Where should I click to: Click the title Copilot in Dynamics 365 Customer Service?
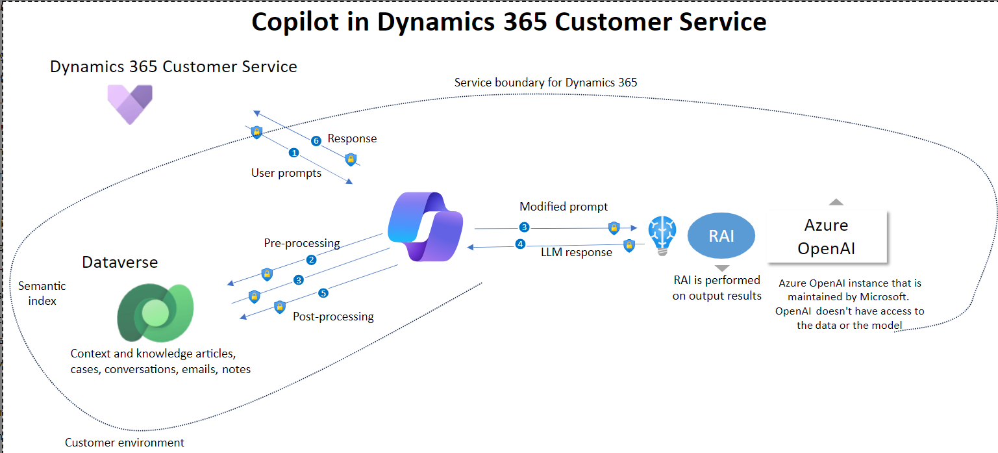pos(509,21)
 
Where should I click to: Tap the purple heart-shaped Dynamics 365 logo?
pos(130,104)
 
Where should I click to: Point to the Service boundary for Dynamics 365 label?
pos(545,83)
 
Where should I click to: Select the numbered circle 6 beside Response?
pos(316,141)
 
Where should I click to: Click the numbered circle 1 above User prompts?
pos(293,153)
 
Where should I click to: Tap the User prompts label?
pos(286,173)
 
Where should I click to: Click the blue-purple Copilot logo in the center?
pos(425,226)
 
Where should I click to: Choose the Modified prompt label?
pos(563,207)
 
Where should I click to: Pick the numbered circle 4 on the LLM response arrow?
pos(520,244)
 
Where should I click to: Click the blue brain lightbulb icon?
pos(662,235)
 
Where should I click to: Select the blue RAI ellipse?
pos(721,235)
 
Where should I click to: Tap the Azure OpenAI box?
pos(827,237)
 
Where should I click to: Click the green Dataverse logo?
pos(155,313)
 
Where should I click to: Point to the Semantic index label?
pos(42,293)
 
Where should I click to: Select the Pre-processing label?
pos(302,243)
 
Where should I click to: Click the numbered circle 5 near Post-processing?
pos(323,293)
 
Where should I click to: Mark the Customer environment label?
pos(124,443)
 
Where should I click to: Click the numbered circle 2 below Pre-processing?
pos(312,260)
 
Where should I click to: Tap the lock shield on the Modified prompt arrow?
pos(614,228)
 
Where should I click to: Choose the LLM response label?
pos(577,252)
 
